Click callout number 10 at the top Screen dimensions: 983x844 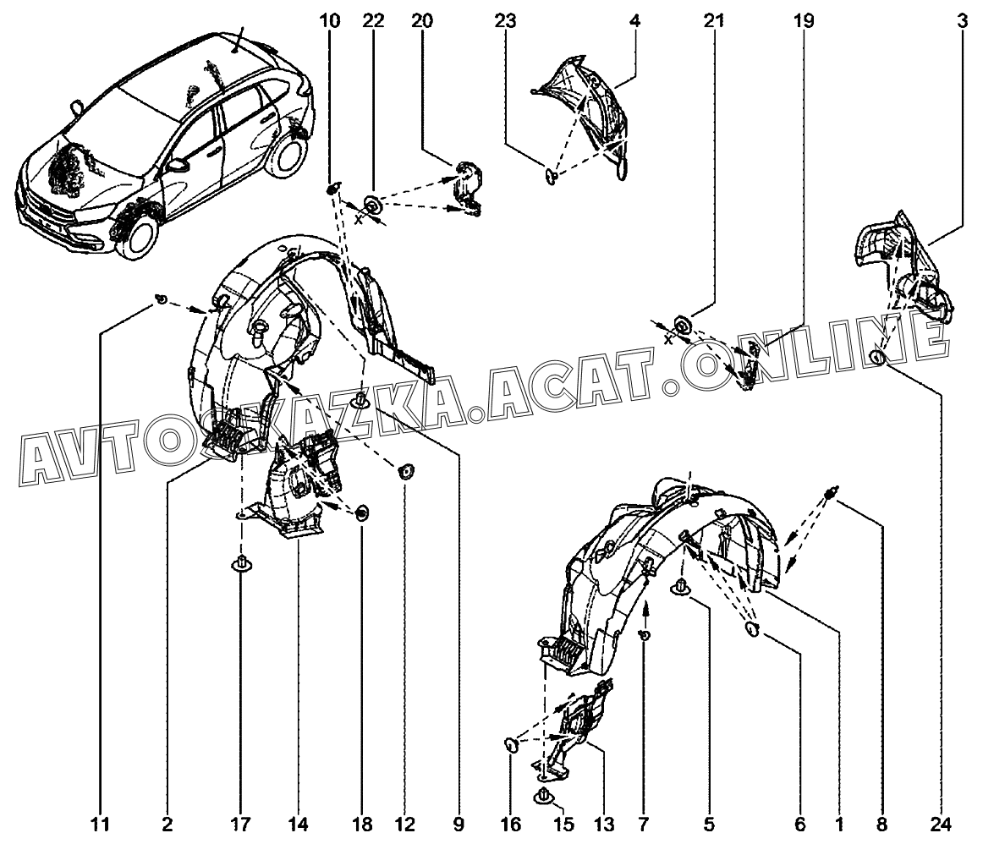[x=330, y=20]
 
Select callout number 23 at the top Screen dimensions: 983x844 [x=505, y=20]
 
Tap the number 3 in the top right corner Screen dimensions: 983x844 [x=963, y=20]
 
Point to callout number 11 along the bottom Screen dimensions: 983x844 [x=101, y=825]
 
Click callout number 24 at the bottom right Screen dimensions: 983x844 [x=941, y=825]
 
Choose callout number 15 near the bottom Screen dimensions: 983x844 [x=564, y=825]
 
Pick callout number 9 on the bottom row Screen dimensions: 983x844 [x=459, y=825]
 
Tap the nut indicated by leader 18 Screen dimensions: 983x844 [x=362, y=514]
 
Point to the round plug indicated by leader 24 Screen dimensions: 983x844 [x=878, y=359]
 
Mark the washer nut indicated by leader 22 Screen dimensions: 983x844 [x=372, y=205]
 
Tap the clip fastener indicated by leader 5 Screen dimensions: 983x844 [x=679, y=589]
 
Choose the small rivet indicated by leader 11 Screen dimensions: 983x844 [x=162, y=299]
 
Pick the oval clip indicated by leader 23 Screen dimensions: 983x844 [x=551, y=177]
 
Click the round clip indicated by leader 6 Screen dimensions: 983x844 [x=753, y=629]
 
